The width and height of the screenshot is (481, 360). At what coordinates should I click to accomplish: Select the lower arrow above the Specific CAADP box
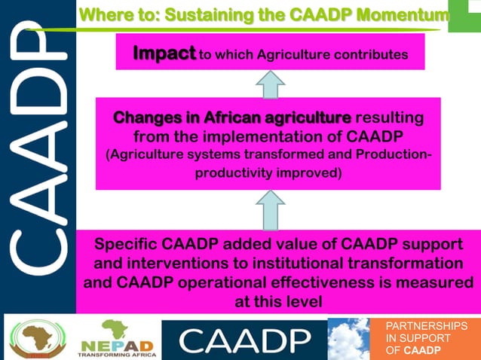270,210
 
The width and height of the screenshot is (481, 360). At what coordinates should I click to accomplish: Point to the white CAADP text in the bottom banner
245,341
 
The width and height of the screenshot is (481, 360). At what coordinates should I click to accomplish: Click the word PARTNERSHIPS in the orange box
426,326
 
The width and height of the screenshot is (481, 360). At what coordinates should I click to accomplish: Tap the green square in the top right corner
465,15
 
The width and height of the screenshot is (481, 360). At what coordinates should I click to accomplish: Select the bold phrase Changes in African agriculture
231,118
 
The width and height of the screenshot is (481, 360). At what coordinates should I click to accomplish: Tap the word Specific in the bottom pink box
126,246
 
